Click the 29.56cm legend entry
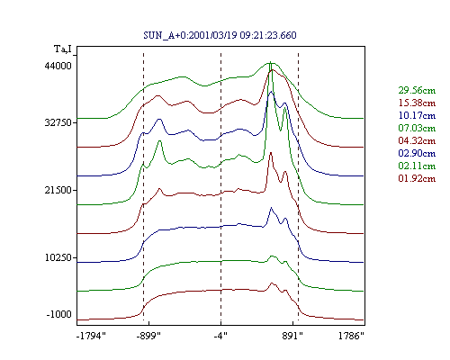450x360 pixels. (x=417, y=90)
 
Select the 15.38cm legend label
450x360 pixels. (x=417, y=103)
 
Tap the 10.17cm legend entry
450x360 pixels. (x=417, y=115)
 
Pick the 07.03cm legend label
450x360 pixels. (x=417, y=128)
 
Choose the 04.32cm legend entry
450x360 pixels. (x=417, y=140)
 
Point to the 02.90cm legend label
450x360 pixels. (x=417, y=153)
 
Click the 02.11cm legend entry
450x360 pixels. (x=417, y=166)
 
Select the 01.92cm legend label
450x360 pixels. (x=417, y=178)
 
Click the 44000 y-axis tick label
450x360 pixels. (x=58, y=66)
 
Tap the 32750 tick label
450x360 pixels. (x=58, y=122)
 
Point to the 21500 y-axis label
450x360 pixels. (x=58, y=190)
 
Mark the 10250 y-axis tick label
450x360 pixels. (x=58, y=257)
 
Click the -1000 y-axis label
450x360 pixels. (x=59, y=314)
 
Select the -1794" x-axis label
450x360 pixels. (x=92, y=336)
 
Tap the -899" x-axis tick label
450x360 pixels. (x=148, y=336)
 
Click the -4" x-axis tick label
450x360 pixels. (x=220, y=336)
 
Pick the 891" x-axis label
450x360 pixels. (x=292, y=336)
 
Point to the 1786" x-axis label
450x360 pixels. (x=351, y=336)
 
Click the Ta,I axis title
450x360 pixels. (x=63, y=49)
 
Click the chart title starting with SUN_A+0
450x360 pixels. (x=220, y=35)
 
